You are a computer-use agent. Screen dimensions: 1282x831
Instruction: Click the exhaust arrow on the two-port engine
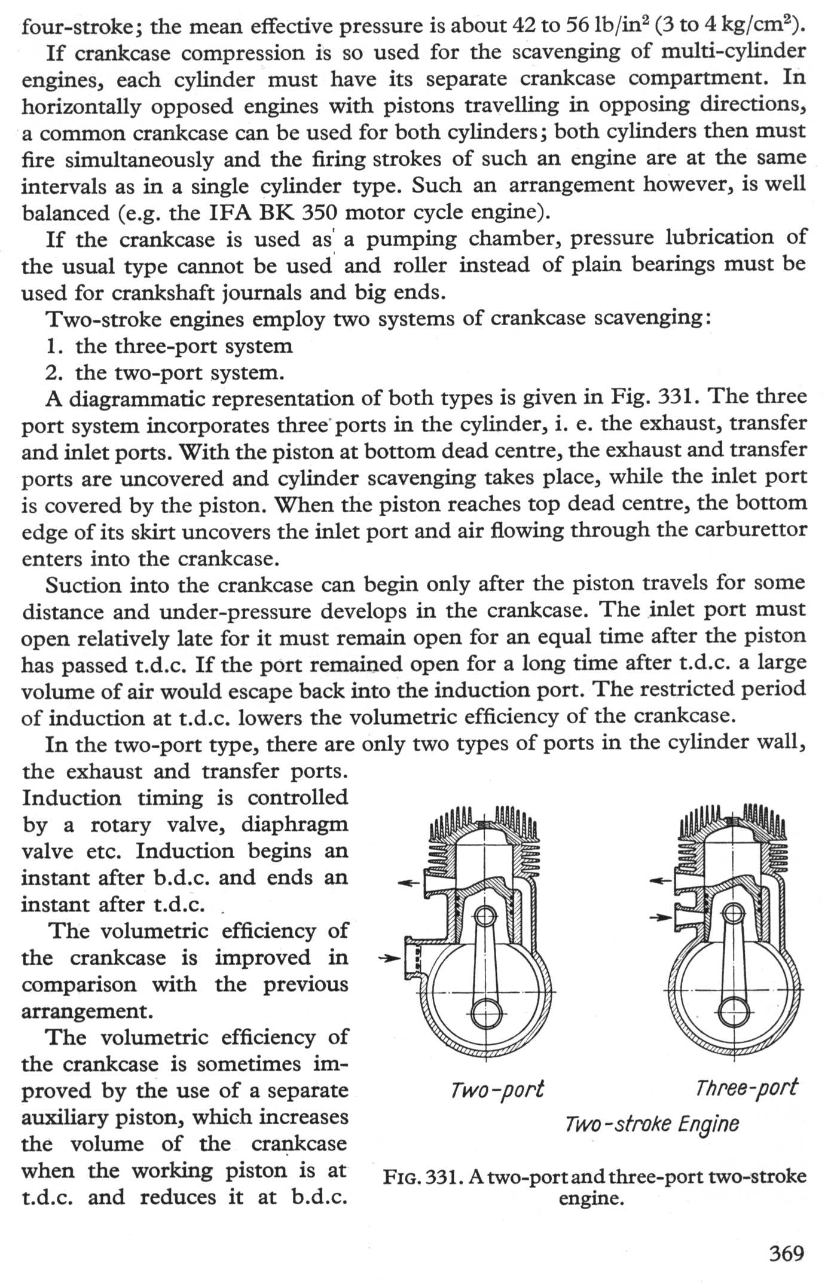pos(409,882)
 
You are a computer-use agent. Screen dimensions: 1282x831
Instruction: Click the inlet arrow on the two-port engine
pos(390,958)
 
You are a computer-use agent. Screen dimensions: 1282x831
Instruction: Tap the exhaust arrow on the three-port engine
pos(660,880)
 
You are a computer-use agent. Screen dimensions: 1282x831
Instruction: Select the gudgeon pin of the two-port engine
pos(487,915)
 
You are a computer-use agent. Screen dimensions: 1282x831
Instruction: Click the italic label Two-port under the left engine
pos(497,1090)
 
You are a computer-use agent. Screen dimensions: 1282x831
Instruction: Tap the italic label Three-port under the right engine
pos(746,1087)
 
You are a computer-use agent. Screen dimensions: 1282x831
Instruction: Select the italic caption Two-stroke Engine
pos(652,1124)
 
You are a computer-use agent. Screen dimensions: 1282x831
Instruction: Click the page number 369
pos(787,1253)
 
